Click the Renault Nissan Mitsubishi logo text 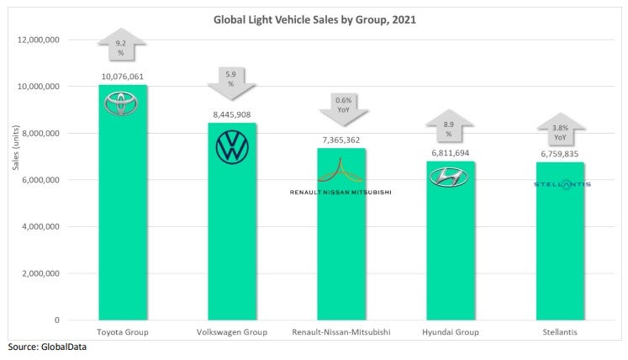[340, 192]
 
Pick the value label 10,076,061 [124, 76]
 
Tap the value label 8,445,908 [232, 114]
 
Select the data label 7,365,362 [340, 140]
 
